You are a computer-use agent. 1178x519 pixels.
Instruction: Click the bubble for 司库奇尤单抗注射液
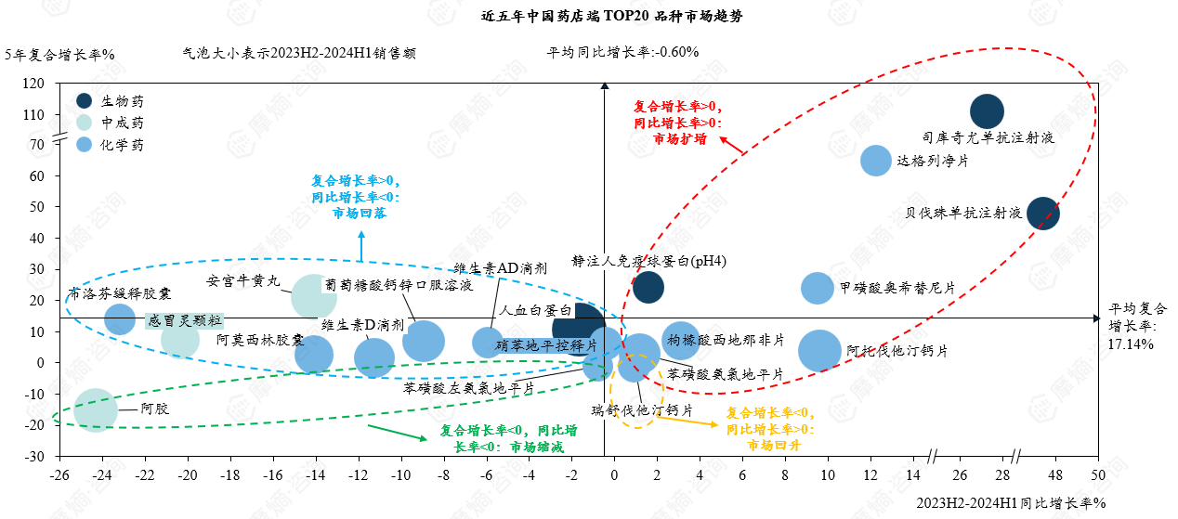point(987,111)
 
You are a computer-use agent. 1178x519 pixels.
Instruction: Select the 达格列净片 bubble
point(876,161)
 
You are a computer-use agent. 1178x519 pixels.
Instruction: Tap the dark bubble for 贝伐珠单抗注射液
point(1042,213)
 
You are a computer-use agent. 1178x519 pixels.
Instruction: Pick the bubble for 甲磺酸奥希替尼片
point(818,288)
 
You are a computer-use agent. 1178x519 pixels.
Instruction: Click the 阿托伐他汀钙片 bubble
point(819,351)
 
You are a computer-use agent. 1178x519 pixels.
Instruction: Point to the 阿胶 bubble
point(95,409)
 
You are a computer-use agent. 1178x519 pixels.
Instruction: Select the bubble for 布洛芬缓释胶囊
point(120,319)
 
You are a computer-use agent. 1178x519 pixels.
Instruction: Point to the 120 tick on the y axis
point(33,84)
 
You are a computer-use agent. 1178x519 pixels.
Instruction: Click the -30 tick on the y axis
point(33,457)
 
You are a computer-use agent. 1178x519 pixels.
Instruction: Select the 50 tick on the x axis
point(1098,475)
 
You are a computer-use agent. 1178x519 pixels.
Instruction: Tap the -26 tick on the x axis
point(59,475)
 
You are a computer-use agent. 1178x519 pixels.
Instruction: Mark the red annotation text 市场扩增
point(679,138)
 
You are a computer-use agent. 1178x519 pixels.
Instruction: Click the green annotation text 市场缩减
point(537,446)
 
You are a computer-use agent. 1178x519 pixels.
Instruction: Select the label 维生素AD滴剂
point(500,267)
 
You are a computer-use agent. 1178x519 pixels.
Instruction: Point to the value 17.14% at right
point(1131,344)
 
